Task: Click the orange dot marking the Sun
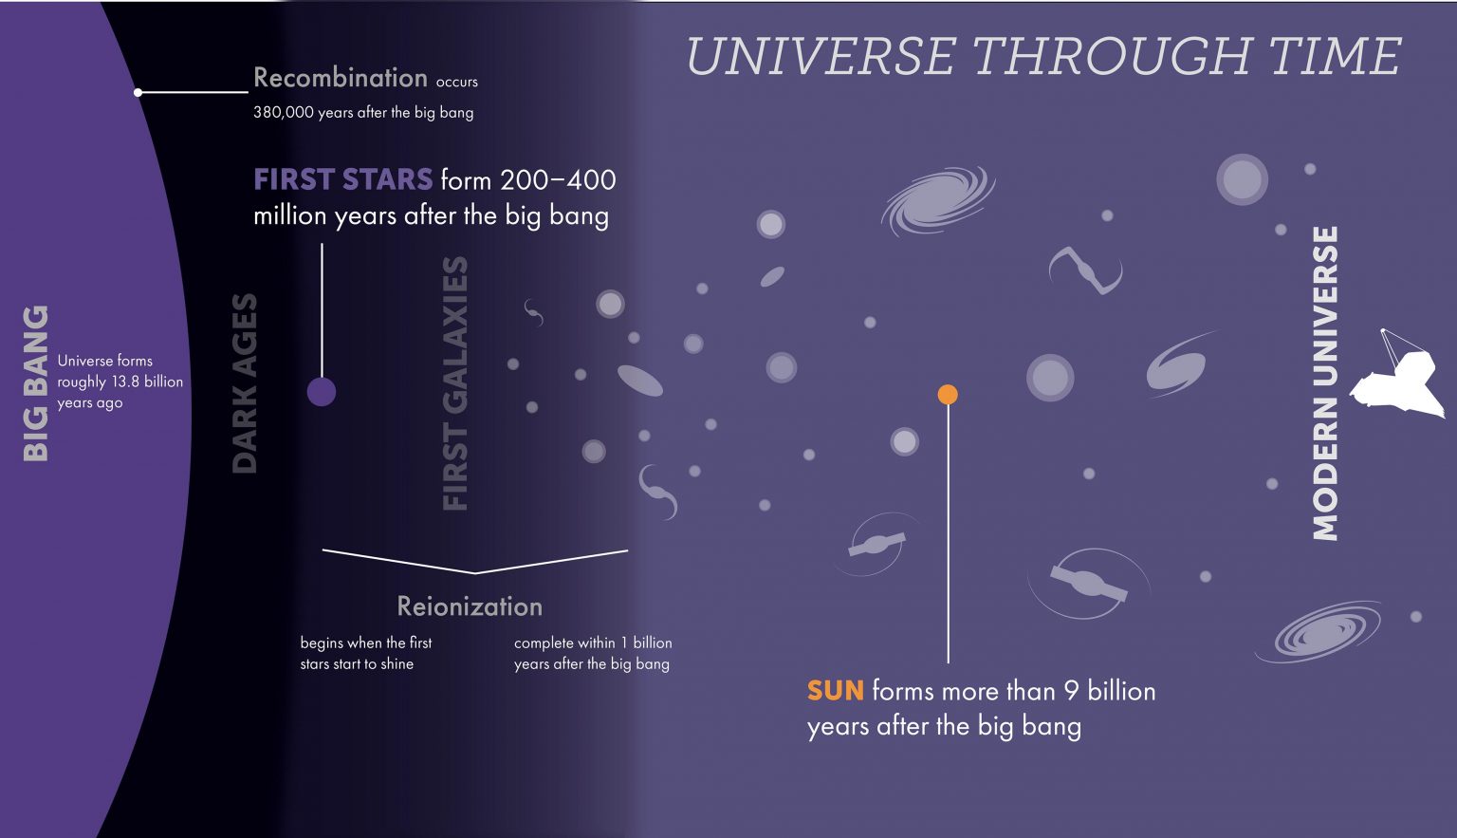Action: click(948, 394)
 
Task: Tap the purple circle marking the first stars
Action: click(322, 391)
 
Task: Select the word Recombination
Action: click(340, 78)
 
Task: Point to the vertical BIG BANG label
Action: click(35, 383)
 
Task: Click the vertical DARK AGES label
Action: click(245, 383)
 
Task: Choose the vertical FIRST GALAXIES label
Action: click(456, 383)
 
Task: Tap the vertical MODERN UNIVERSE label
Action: click(1325, 383)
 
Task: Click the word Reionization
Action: click(470, 606)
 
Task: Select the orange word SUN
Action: click(835, 690)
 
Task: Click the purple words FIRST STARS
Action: click(342, 179)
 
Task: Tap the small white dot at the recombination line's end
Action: click(138, 92)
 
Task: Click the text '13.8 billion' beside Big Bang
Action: click(147, 382)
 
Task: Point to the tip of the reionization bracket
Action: click(475, 573)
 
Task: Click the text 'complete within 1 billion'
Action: click(593, 642)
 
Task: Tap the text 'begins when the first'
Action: click(365, 642)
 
